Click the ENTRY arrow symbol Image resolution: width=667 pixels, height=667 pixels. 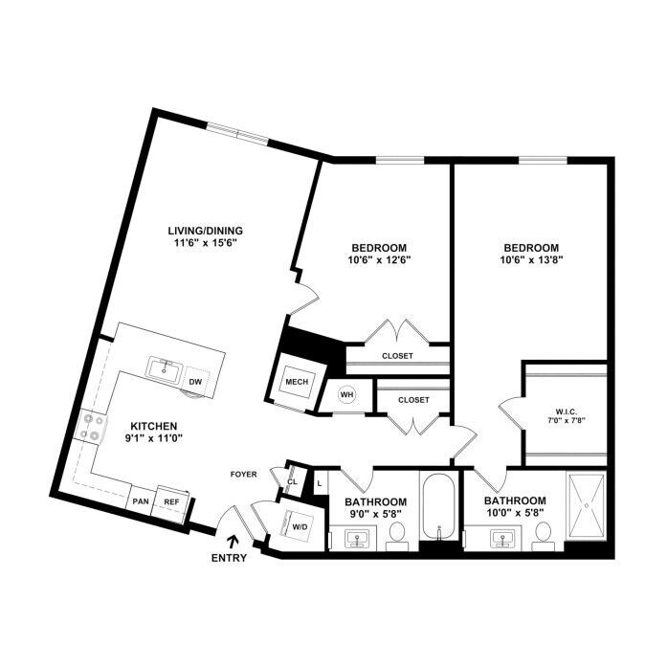[x=233, y=541]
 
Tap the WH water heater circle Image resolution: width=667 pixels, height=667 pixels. [x=347, y=395]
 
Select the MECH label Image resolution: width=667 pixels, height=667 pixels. [x=297, y=382]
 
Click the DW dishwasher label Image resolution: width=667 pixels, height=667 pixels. [x=195, y=382]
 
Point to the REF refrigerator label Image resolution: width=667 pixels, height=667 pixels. [x=171, y=502]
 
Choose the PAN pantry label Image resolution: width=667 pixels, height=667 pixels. [x=141, y=501]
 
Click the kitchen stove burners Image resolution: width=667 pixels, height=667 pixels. [x=91, y=426]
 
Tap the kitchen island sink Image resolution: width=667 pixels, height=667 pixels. [x=165, y=368]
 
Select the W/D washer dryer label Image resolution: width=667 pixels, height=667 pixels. [x=300, y=526]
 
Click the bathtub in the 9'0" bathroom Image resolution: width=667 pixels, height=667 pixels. [x=438, y=506]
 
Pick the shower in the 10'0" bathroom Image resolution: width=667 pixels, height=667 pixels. [x=587, y=506]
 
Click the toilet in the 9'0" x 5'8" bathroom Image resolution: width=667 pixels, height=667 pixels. [x=397, y=536]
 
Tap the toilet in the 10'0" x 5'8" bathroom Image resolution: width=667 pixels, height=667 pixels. [x=544, y=536]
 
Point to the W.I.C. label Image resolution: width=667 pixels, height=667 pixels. [x=566, y=411]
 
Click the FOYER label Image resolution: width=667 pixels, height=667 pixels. [x=244, y=475]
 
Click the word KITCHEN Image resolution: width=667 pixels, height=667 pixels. [x=153, y=426]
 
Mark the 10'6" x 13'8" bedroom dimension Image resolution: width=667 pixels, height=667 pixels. [x=532, y=260]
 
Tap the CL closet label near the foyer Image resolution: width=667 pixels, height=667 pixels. [x=292, y=482]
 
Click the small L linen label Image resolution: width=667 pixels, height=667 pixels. [x=320, y=483]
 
